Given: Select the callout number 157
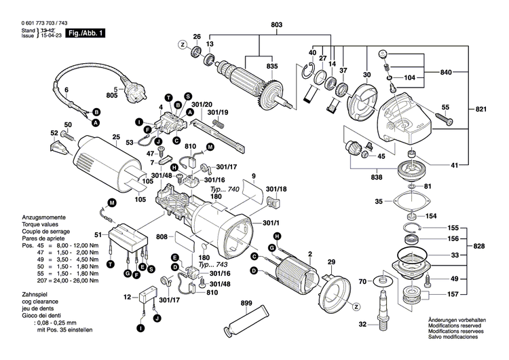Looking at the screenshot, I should click(451, 294).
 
